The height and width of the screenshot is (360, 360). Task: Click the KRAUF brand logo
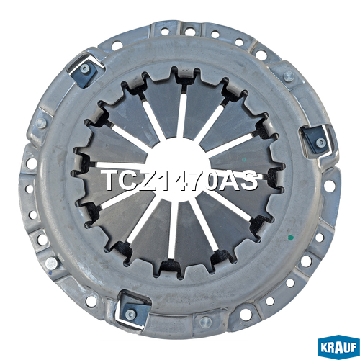click(338, 347)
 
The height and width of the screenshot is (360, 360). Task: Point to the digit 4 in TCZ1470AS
click(181, 181)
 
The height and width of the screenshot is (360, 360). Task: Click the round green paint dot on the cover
click(291, 238)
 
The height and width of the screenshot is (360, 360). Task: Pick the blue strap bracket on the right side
click(316, 140)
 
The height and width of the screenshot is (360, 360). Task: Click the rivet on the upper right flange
click(289, 76)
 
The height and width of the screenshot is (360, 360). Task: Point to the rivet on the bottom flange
click(205, 322)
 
